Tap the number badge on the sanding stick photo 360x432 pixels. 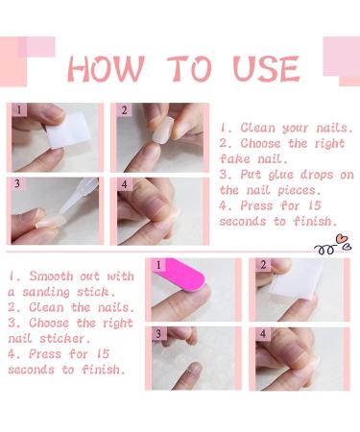pyautogui.click(x=158, y=266)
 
